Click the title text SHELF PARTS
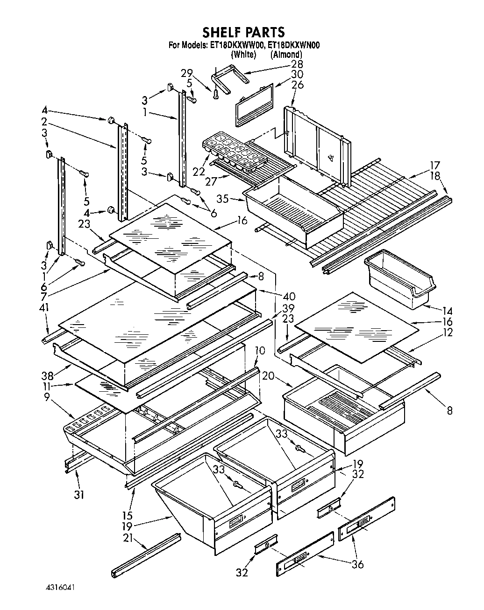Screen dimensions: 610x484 coord(243,32)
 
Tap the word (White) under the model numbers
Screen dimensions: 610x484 coord(244,55)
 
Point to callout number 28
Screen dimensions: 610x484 coord(297,64)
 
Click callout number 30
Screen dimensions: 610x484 coord(297,75)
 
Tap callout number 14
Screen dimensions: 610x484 coord(448,311)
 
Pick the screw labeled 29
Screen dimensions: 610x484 coord(215,95)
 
